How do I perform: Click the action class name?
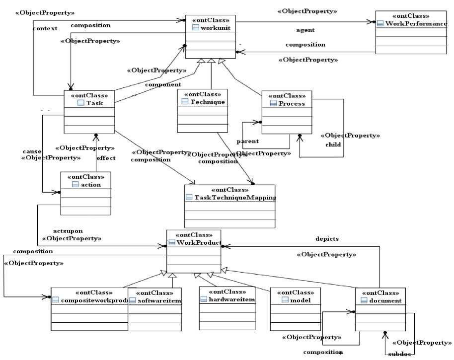90,184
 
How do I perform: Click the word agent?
305,30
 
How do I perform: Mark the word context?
45,28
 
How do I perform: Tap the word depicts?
327,239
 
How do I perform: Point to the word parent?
247,142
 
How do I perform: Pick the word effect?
106,158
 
